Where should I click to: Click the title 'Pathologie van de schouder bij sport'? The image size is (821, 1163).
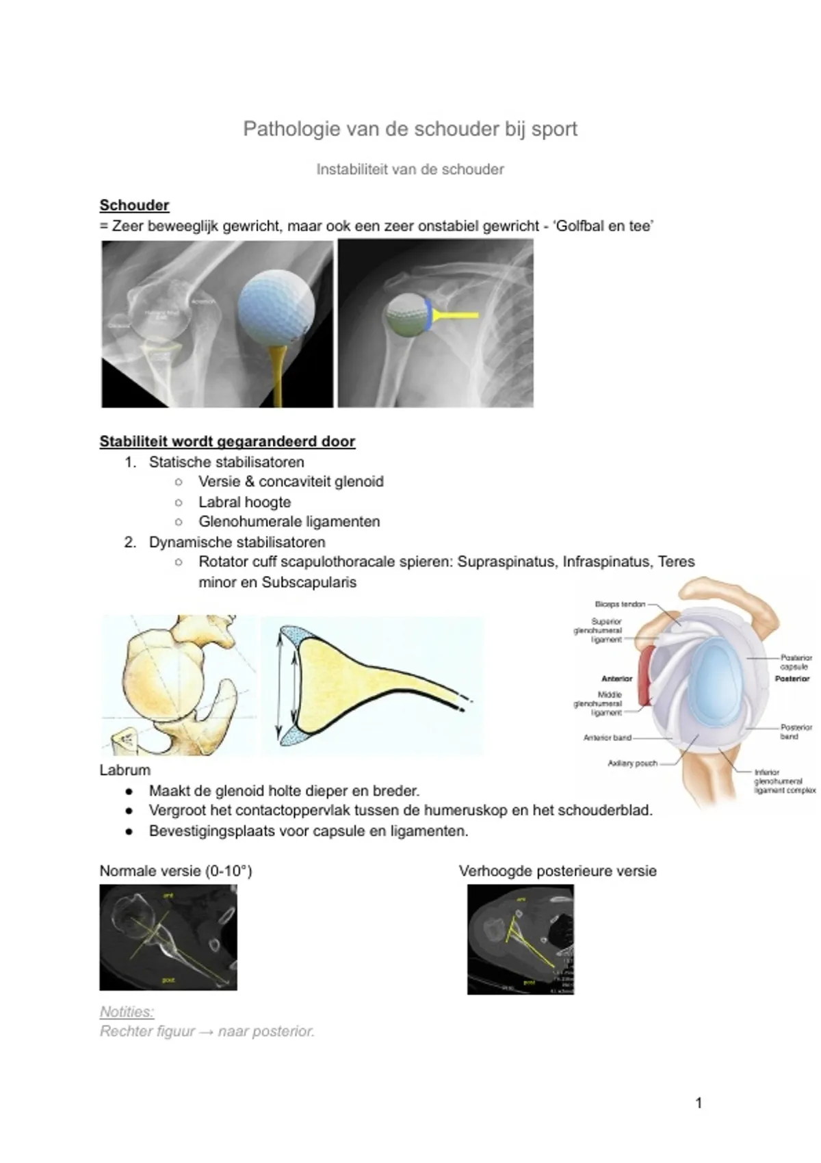[410, 129]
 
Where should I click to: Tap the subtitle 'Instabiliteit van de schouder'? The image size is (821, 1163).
[410, 170]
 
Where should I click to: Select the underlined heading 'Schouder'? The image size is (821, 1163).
[134, 205]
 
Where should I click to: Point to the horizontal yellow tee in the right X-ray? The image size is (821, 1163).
[456, 315]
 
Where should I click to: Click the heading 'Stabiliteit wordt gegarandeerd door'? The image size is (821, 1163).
[227, 441]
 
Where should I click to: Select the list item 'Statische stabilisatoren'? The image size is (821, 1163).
[226, 462]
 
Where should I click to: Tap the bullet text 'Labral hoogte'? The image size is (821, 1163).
[244, 502]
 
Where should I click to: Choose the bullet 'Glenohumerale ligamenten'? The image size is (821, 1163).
[289, 522]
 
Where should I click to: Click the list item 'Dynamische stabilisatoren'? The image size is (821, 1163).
[237, 543]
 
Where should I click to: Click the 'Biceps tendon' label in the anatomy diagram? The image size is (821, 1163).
[620, 604]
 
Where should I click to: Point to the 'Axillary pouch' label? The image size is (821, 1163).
[632, 763]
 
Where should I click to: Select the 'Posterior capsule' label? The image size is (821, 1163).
[796, 662]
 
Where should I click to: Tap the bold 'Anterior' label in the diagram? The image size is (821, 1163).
[616, 679]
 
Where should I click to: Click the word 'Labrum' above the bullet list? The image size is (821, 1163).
[125, 770]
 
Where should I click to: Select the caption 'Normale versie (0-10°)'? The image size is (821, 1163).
[176, 871]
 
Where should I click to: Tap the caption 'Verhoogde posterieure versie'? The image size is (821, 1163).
[558, 871]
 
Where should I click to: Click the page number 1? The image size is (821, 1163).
[699, 1102]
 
